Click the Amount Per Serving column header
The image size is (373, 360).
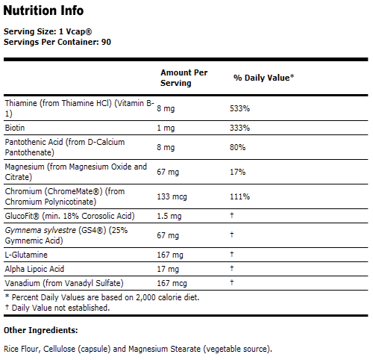click(x=184, y=78)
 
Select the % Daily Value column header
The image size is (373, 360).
click(x=263, y=78)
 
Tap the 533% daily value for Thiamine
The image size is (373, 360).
click(x=240, y=108)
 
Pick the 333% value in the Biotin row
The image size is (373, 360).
click(x=240, y=128)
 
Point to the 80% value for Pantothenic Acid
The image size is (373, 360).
click(x=238, y=147)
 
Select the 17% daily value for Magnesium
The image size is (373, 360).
click(x=238, y=171)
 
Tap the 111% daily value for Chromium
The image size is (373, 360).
click(x=240, y=196)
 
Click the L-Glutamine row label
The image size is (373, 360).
click(x=25, y=255)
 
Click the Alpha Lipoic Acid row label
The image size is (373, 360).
click(x=34, y=268)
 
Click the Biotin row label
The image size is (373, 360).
click(x=15, y=128)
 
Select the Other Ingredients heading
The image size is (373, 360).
click(x=40, y=329)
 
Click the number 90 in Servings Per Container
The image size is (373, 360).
click(x=107, y=42)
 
